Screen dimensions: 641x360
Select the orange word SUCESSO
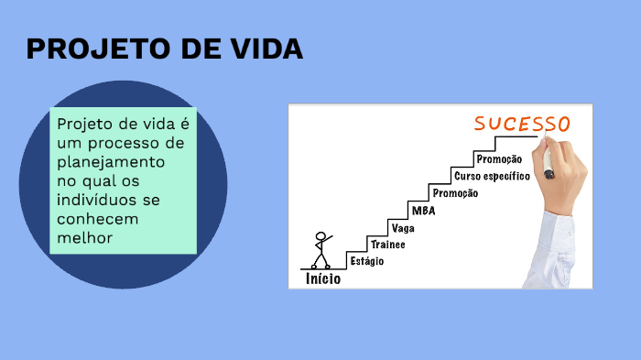coord(522,124)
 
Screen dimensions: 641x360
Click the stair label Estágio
coord(367,261)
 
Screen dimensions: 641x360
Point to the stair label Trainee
coord(388,245)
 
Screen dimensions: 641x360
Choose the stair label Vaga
coord(403,228)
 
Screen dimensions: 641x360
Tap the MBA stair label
coord(423,211)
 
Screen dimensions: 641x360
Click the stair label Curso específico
coord(493,176)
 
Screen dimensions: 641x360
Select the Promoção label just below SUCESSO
coord(499,159)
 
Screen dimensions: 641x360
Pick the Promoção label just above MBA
coord(455,193)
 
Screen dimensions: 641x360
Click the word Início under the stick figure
coord(323,278)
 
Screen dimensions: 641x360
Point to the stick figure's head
coord(320,237)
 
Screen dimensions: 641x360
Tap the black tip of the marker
coord(549,175)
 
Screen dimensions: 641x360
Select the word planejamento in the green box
coord(111,162)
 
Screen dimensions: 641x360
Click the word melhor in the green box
coord(84,237)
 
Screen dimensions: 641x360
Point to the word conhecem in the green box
coord(98,219)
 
